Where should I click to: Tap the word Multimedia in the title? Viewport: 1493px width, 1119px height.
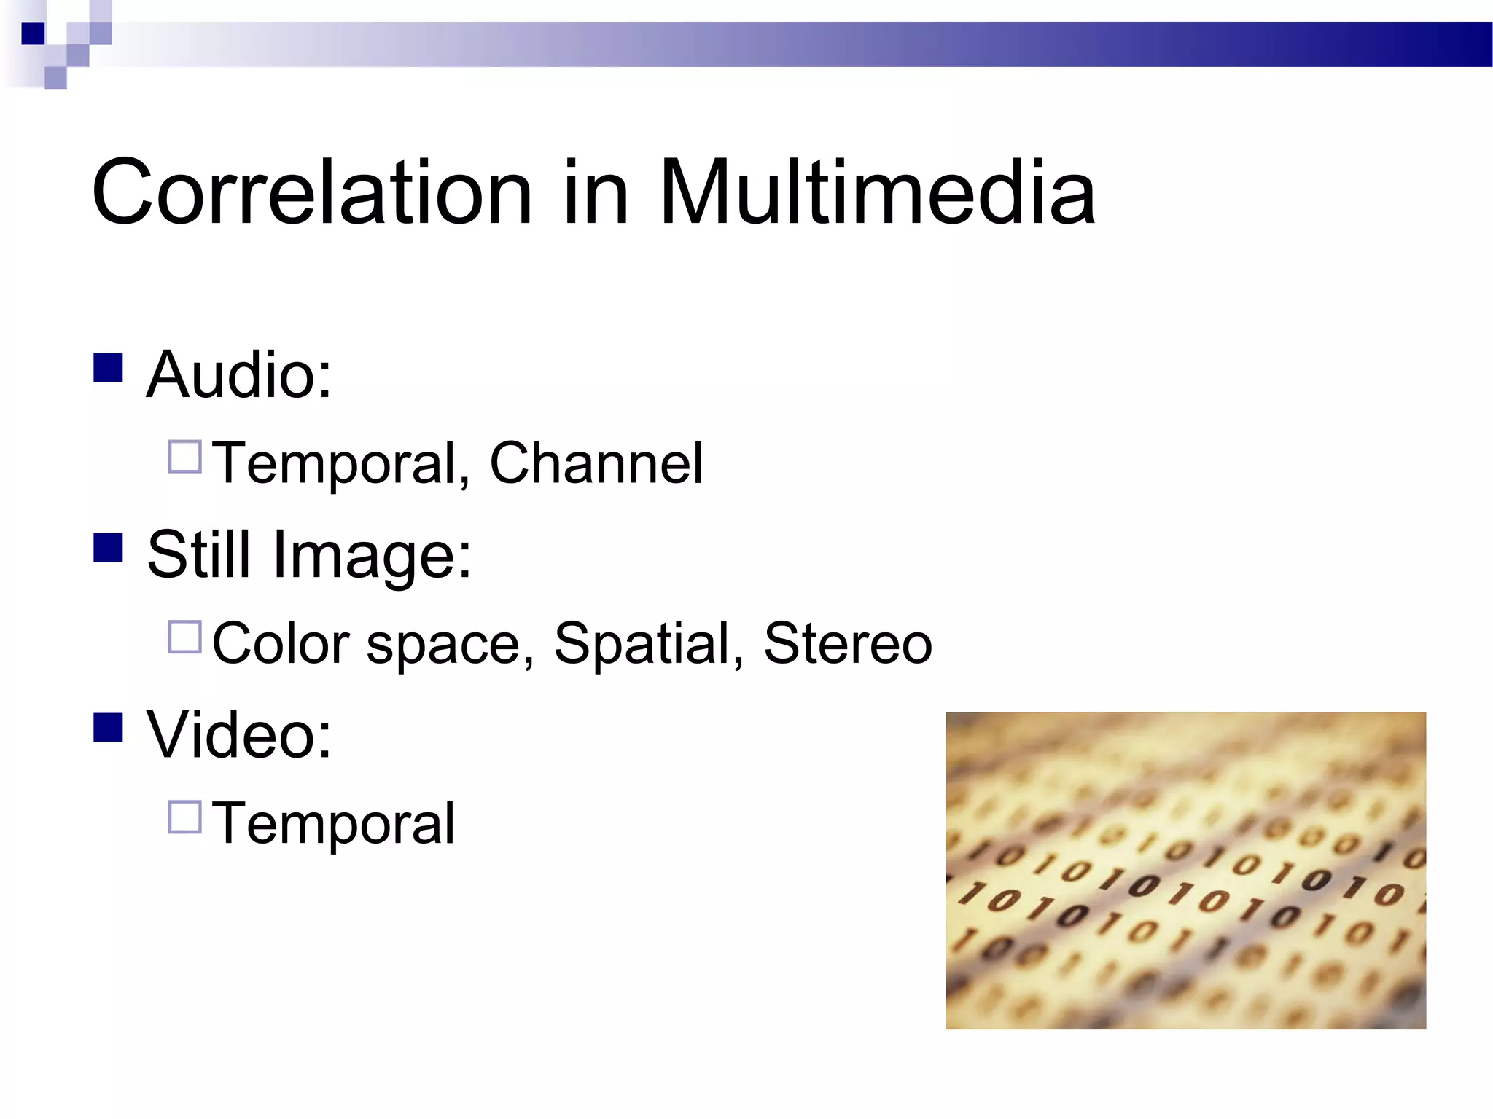(877, 193)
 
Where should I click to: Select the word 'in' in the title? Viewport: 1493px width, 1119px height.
(595, 193)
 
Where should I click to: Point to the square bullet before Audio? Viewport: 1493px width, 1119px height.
(108, 368)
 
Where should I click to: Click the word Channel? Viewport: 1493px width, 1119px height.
(596, 463)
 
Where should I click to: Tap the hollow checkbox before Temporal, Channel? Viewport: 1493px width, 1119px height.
(184, 458)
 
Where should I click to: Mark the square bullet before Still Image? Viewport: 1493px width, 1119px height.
(108, 548)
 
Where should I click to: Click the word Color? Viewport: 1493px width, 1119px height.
(281, 643)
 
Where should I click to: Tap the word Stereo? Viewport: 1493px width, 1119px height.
(847, 643)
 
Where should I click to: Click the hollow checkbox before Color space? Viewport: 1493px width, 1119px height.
(184, 637)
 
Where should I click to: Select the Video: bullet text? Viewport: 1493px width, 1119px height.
(239, 734)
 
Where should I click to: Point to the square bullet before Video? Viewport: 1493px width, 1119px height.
(108, 727)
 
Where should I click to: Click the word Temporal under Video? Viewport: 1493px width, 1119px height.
(333, 824)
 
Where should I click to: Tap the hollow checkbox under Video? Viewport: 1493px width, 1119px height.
(184, 817)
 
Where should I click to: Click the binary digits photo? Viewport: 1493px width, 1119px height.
(1185, 871)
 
